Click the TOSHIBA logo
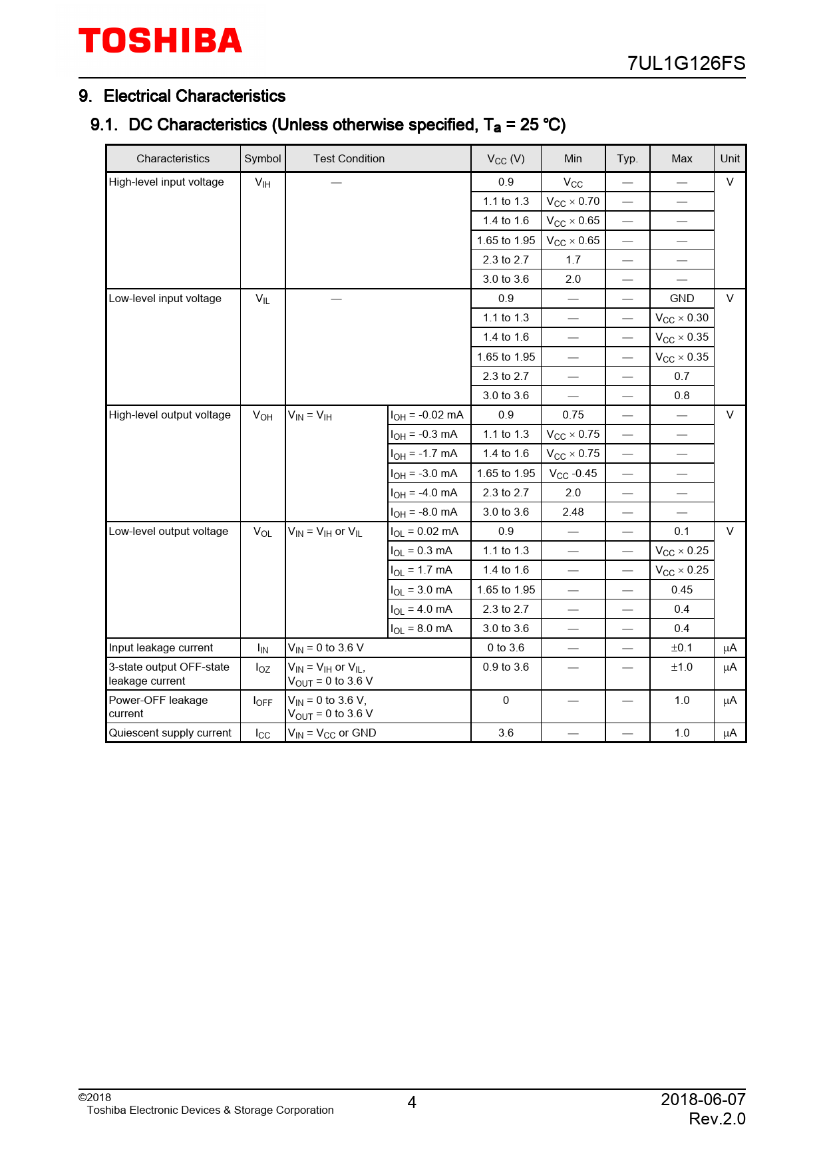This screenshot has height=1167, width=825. tap(160, 41)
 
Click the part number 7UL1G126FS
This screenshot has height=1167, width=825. tap(686, 63)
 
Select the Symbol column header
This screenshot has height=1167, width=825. tap(263, 158)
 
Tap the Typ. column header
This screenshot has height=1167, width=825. tap(627, 158)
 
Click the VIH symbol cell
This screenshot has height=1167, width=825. tap(263, 182)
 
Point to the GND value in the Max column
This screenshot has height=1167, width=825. tap(681, 299)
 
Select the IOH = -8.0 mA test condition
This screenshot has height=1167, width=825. tap(424, 512)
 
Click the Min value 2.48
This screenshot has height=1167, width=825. tap(573, 512)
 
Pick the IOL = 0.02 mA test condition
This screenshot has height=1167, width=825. tap(424, 532)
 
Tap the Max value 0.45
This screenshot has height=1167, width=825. tap(681, 589)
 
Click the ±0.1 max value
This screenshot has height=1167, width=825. tap(681, 648)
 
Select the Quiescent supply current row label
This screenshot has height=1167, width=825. tap(170, 733)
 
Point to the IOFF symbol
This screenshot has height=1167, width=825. tap(263, 701)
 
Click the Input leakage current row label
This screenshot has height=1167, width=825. tap(161, 648)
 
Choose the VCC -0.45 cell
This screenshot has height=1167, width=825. tap(573, 474)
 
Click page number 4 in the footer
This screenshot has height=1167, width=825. tap(412, 1102)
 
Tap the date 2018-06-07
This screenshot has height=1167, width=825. tap(703, 1099)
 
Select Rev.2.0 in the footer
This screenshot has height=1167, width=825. tap(717, 1119)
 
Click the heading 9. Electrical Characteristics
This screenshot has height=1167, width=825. tap(182, 96)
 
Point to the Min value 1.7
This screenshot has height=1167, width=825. tap(573, 260)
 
